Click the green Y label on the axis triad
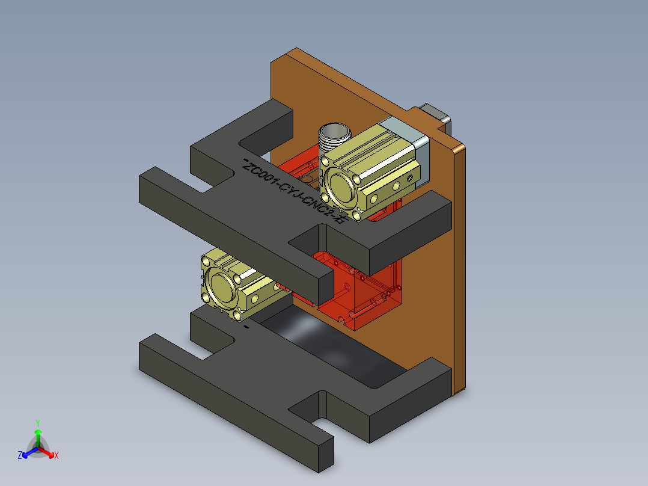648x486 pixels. click(38, 423)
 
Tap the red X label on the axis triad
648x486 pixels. click(57, 456)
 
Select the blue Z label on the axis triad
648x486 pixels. click(20, 456)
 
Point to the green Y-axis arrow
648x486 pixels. click(38, 435)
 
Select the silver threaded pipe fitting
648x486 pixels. click(332, 138)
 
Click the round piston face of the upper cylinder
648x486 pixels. click(337, 186)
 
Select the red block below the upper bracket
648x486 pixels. click(361, 295)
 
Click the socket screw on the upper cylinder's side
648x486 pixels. click(410, 177)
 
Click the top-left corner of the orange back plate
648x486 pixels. click(274, 60)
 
